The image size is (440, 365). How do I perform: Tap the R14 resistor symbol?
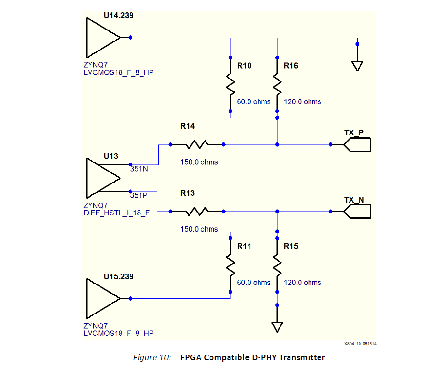click(196, 144)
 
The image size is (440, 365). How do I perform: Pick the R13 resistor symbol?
click(196, 211)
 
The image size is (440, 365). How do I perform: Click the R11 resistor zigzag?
click(231, 268)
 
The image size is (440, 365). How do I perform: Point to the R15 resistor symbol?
click(277, 268)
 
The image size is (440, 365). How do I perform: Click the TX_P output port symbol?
click(357, 144)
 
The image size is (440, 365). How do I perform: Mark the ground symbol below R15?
click(277, 327)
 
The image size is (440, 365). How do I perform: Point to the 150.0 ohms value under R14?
click(199, 162)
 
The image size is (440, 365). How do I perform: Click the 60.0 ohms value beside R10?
click(254, 101)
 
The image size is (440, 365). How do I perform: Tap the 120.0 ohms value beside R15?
click(302, 283)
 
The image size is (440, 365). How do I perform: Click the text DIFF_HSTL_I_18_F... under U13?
click(119, 213)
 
